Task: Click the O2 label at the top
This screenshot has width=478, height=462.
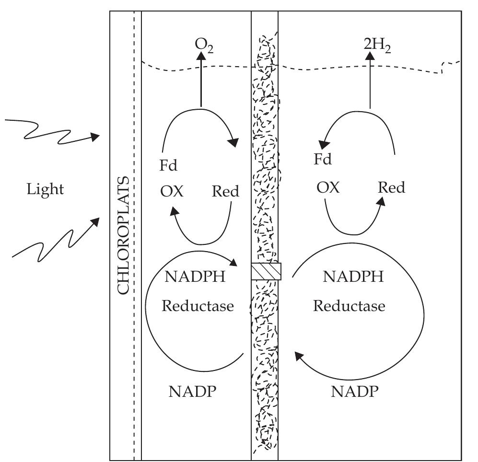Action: pos(204,44)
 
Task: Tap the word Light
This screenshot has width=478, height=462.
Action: pos(45,189)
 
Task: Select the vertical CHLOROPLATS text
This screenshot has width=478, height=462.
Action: pos(124,235)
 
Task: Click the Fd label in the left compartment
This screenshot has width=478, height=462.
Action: pos(168,166)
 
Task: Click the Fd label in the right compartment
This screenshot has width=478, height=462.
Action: pos(323,159)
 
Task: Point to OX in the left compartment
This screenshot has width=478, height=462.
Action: pos(172,192)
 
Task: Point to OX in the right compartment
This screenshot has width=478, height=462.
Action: pos(328,187)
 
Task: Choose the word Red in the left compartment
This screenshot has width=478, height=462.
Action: pos(225,192)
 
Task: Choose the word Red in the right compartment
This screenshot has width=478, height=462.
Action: pos(391,187)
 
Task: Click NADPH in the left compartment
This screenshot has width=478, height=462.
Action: pos(195,277)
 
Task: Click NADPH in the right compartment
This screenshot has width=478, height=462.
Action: pos(353,277)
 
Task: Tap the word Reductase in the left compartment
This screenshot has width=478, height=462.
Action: pos(198,305)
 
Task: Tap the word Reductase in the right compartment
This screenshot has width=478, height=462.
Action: pos(349,305)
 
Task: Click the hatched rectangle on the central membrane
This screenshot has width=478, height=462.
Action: pos(266,271)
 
